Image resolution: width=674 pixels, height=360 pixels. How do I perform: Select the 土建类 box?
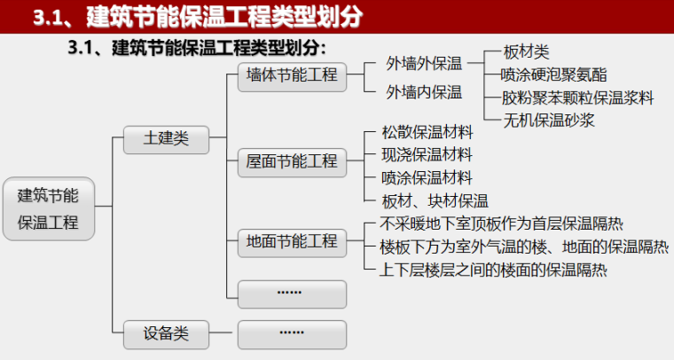167,138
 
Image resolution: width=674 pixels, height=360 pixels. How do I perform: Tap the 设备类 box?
167,333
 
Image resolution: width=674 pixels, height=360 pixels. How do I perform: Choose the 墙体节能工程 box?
292,75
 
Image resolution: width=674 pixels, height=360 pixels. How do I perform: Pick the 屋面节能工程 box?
292,161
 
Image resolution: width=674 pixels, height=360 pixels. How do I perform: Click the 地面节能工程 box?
292,240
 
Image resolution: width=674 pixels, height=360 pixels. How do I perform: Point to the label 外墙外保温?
424,64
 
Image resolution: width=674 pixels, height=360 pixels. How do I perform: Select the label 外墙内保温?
424,91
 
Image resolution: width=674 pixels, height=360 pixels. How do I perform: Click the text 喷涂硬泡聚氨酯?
554,74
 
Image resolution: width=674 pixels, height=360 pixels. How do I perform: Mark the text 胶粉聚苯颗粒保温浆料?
577,96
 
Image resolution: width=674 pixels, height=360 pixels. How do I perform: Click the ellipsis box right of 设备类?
292,333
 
